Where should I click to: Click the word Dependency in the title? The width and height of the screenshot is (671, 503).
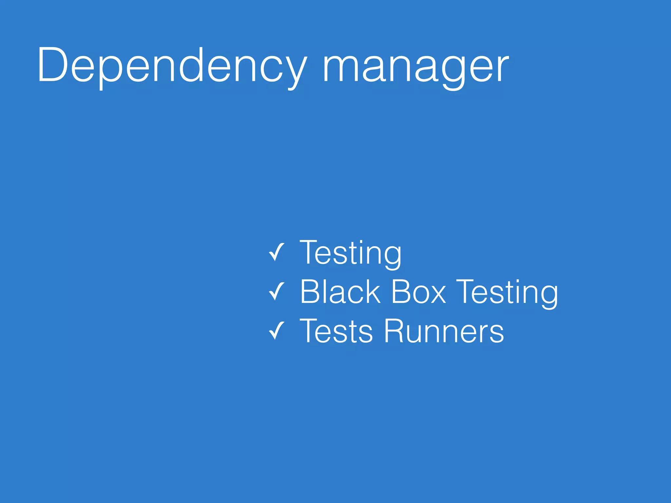172,65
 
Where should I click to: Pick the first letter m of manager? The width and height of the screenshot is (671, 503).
339,69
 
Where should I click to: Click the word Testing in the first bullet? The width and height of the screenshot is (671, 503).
350,253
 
